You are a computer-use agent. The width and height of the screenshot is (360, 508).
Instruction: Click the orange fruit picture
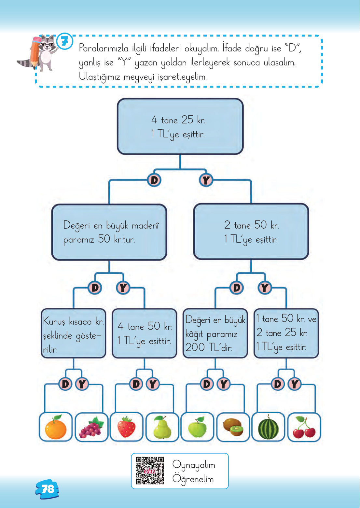56,427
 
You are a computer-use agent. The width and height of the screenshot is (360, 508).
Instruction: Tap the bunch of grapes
91,427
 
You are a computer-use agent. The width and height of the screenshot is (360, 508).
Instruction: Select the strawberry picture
127,427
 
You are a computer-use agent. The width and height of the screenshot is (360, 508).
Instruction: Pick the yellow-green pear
162,427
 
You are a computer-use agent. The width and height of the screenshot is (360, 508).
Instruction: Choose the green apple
197,427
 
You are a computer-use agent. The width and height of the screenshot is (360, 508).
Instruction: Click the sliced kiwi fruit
233,427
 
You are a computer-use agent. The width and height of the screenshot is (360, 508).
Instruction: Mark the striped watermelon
269,427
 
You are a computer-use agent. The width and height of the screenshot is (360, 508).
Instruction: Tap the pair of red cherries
304,427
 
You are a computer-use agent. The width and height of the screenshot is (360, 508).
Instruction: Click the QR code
150,471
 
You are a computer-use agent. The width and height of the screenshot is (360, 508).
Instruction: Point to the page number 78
48,489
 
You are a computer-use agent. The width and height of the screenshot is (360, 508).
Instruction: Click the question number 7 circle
65,41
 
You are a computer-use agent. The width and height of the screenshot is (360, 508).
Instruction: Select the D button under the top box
154,180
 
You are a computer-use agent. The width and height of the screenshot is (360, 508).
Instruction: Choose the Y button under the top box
206,180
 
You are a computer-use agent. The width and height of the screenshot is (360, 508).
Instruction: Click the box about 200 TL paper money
215,333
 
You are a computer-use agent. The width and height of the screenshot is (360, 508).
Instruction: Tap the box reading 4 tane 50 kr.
144,333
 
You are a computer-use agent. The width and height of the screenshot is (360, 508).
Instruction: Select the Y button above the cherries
295,384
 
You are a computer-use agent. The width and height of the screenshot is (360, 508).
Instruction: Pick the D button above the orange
65,384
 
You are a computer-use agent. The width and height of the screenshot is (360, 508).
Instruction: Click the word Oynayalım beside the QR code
194,465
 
